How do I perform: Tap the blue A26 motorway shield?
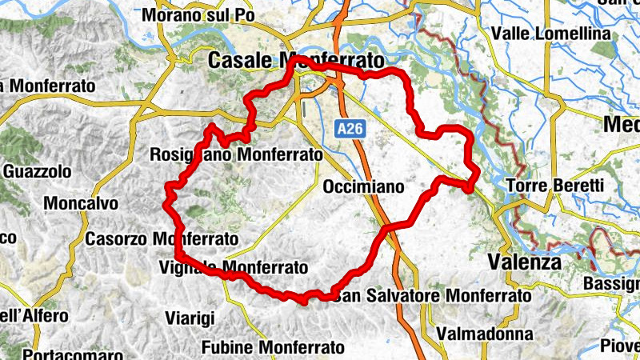[x=346, y=128]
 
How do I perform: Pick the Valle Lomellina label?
[x=551, y=34]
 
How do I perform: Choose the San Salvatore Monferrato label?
[x=432, y=296]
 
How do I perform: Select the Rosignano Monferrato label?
[x=236, y=154]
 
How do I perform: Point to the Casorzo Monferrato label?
[x=162, y=238]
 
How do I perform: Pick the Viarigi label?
[x=190, y=318]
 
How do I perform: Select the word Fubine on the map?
[x=228, y=347]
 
